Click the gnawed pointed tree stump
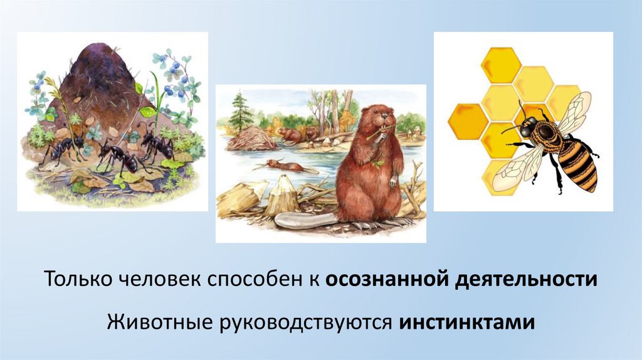tap(283, 194)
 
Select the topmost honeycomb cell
tap(500, 65)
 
